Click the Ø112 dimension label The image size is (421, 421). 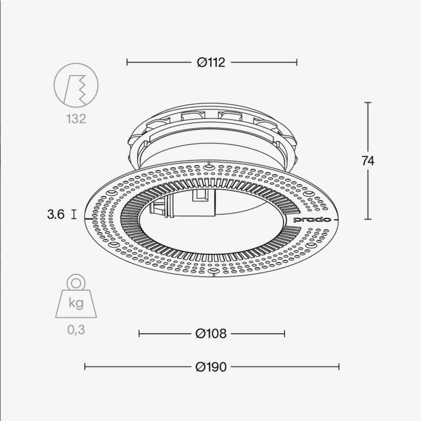[211, 63]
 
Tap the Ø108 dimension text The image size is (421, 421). [211, 333]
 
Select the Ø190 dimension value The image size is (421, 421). [211, 367]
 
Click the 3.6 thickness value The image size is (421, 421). [55, 215]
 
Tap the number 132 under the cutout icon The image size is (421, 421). [76, 119]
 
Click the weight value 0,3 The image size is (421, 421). [76, 330]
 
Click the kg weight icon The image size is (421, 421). [76, 301]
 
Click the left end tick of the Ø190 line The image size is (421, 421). [85, 367]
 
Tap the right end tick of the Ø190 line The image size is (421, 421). [339, 367]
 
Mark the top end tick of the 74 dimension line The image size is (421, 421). [368, 103]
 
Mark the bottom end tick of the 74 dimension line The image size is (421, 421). [368, 219]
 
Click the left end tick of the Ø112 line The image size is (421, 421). [127, 63]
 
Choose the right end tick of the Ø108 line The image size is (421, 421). [285, 333]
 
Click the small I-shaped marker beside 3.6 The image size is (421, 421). [73, 215]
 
